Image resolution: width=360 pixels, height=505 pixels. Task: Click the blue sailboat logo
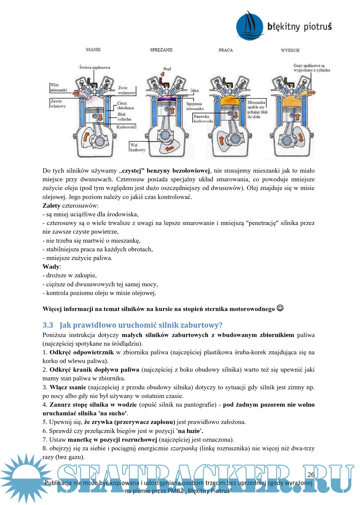250,26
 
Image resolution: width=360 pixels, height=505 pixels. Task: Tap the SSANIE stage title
93,50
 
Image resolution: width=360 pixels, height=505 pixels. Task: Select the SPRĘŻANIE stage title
161,50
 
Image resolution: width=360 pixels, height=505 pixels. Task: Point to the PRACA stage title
226,50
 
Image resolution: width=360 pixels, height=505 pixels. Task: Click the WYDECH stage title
290,50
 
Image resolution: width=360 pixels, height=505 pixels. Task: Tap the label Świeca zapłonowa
95,67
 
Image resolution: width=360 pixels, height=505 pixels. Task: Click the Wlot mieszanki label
58,87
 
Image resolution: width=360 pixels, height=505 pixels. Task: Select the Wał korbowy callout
137,147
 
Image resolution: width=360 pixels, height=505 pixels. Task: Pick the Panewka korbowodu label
203,119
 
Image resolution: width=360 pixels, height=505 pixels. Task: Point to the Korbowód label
125,127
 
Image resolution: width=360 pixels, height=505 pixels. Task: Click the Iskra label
194,90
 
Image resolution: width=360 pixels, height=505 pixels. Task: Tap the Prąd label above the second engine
167,69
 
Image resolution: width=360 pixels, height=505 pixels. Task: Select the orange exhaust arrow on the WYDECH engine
311,92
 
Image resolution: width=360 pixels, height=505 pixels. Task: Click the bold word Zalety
51,206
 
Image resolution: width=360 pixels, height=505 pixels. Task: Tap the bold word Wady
51,267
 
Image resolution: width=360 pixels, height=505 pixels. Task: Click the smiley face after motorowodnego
280,308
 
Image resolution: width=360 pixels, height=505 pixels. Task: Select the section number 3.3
48,325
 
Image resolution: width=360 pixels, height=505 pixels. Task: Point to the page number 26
311,475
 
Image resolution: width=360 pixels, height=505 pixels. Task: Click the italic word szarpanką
184,448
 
